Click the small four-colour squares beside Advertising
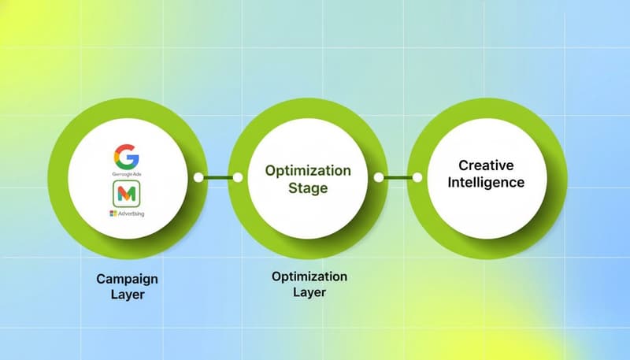point(113,214)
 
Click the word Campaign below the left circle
point(128,279)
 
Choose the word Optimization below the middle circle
point(309,276)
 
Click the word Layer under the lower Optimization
point(309,292)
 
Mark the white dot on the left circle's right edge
point(198,178)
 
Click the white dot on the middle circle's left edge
point(237,178)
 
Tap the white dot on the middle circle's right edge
point(379,178)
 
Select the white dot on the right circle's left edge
point(418,178)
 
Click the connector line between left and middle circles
point(217,178)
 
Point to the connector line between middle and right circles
point(398,178)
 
